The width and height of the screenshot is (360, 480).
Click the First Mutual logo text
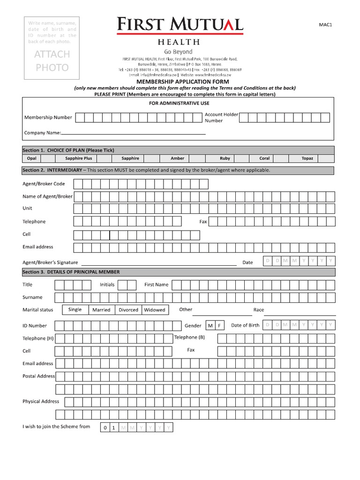click(x=180, y=24)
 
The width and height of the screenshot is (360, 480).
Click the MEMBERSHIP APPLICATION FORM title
click(x=179, y=82)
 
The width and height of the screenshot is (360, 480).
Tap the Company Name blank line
click(x=134, y=133)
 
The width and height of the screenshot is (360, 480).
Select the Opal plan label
click(x=32, y=158)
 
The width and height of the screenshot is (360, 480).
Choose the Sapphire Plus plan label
click(x=78, y=158)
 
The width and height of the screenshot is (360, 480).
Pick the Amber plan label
click(x=177, y=158)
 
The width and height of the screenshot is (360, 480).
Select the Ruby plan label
click(x=225, y=158)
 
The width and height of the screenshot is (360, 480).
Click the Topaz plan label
click(x=307, y=158)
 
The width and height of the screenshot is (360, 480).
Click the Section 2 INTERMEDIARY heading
click(x=146, y=170)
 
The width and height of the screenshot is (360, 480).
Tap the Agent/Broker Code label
click(x=44, y=184)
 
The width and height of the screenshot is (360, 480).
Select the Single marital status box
click(x=75, y=309)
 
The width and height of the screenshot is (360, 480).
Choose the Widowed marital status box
click(x=155, y=310)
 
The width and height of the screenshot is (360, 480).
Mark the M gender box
click(x=210, y=325)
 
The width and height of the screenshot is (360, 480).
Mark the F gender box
click(x=219, y=325)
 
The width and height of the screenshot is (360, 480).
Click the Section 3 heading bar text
click(x=71, y=272)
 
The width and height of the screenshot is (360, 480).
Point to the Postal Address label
click(x=38, y=376)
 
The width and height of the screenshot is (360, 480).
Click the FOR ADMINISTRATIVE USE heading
click(x=179, y=103)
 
